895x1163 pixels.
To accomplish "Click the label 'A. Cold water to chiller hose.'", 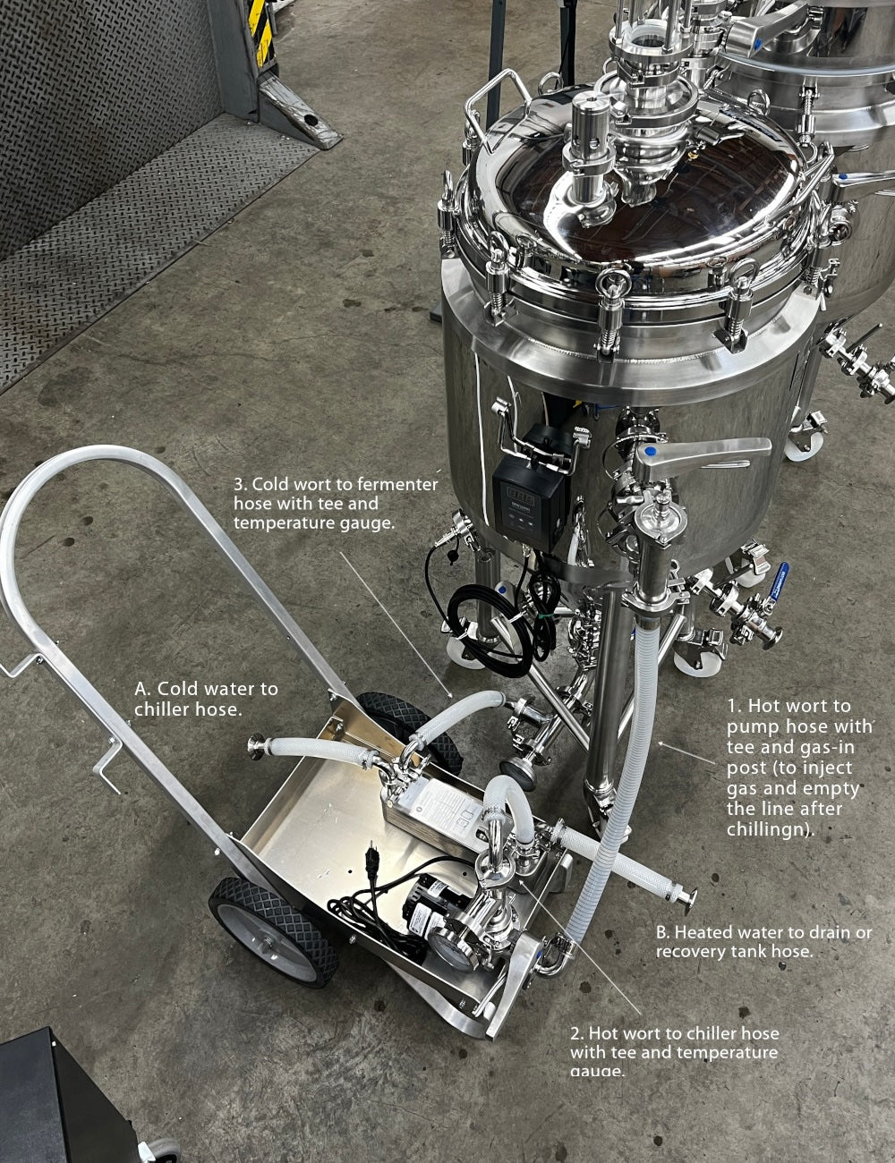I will click(206, 699).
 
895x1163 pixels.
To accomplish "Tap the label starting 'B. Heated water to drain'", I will click(763, 942).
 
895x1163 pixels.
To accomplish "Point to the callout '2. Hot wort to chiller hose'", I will click(674, 1052).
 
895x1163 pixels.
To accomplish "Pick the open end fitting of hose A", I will click(257, 745).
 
